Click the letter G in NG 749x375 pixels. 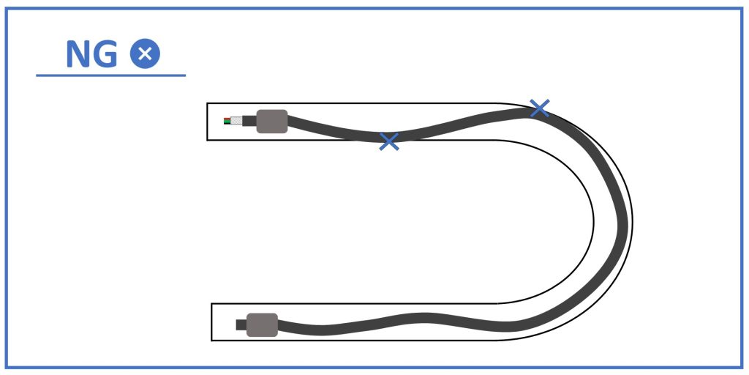coord(105,53)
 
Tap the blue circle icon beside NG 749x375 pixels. coord(146,53)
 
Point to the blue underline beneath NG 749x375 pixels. coord(111,75)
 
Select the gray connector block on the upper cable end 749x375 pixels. coord(272,121)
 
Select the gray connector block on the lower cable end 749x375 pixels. coord(263,324)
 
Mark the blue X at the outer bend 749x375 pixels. coord(539,108)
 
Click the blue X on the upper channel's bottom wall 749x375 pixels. coord(389,141)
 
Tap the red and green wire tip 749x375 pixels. coord(227,121)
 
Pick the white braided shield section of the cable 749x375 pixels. coord(236,121)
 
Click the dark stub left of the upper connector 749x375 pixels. coord(249,121)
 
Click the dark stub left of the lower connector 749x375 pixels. coord(241,324)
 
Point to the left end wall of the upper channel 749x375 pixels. coord(207,122)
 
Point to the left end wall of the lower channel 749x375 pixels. coord(211,322)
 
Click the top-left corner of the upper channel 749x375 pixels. coord(207,103)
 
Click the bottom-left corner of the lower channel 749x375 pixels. coord(211,341)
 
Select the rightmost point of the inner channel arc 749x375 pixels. coord(594,221)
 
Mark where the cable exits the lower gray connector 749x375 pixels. coord(278,326)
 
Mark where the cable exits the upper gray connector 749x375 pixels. coord(287,121)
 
